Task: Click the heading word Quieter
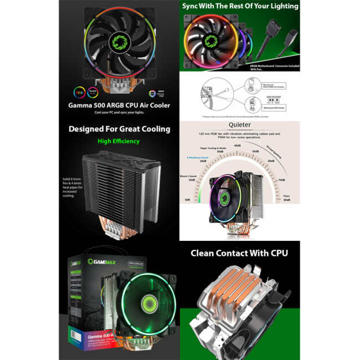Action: [240, 125]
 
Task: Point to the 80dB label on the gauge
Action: [287, 199]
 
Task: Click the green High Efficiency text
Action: [119, 141]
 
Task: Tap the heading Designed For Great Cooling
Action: [119, 129]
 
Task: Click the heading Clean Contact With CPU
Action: [240, 253]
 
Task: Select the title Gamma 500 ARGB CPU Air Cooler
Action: [119, 105]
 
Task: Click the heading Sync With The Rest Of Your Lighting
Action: [240, 6]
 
